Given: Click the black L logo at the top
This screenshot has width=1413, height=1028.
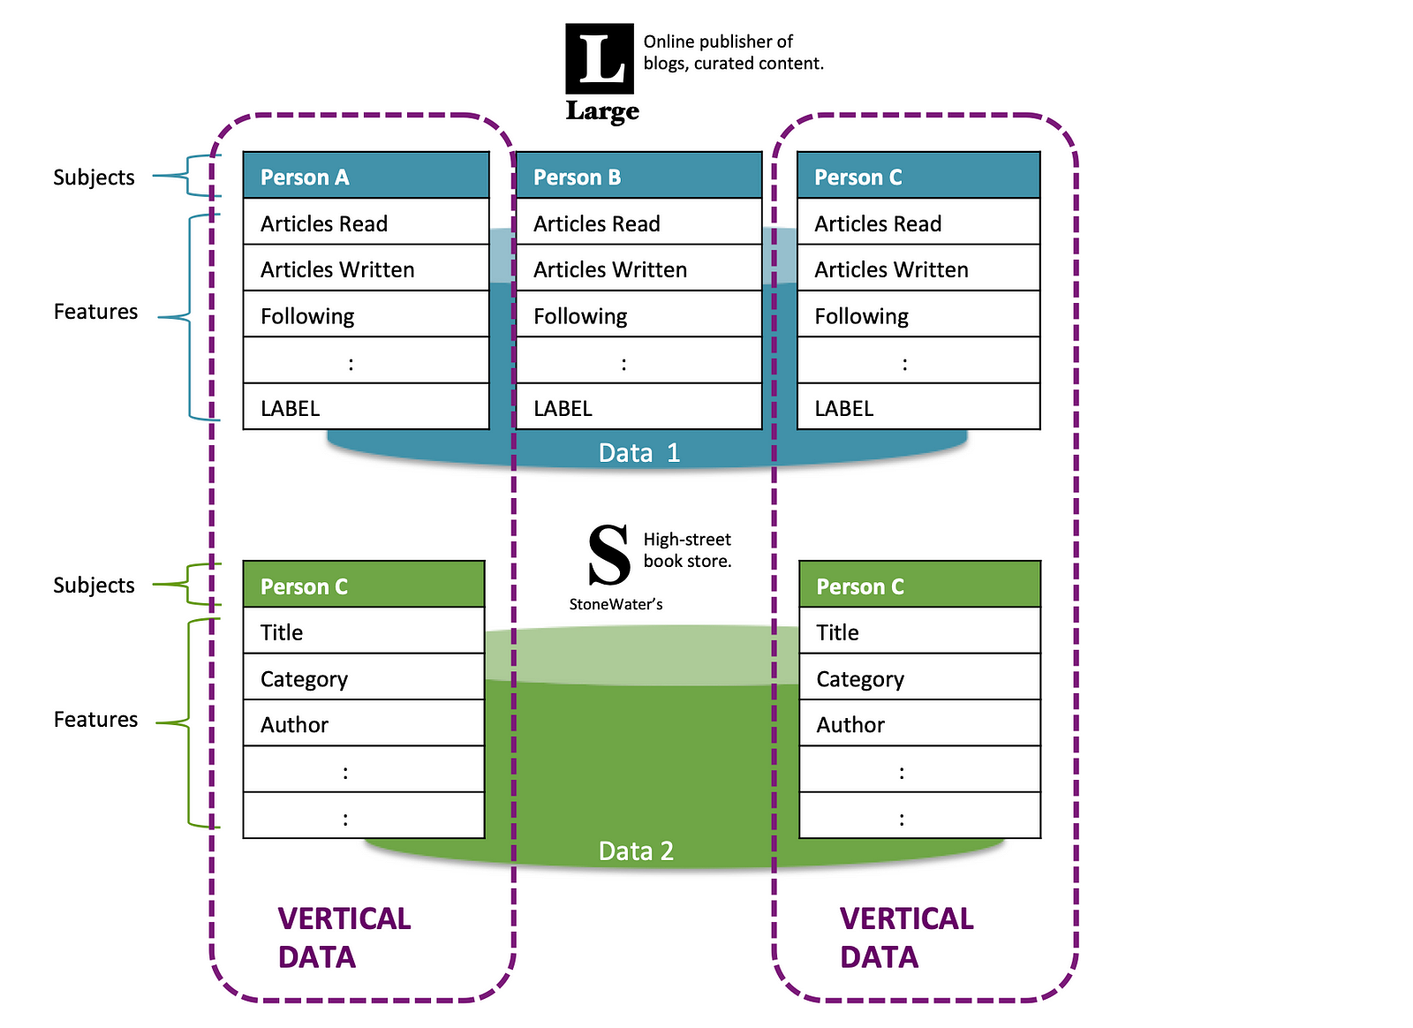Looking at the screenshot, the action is (x=600, y=58).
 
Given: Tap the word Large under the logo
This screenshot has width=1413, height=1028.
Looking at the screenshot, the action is (x=602, y=111).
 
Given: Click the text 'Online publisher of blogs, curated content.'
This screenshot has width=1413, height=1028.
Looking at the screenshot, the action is (x=733, y=52).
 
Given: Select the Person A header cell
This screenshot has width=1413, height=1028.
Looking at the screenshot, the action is (x=366, y=176).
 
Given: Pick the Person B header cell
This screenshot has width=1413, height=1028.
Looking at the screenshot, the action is (x=639, y=176).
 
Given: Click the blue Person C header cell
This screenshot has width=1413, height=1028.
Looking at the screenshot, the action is (x=918, y=176).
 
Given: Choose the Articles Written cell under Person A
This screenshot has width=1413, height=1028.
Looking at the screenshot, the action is (x=366, y=268).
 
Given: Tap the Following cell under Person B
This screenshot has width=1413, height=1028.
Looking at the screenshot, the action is (x=639, y=314).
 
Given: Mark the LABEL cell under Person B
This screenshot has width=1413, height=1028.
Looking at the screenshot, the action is (x=639, y=407).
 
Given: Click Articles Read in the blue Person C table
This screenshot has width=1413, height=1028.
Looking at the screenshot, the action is (x=918, y=222).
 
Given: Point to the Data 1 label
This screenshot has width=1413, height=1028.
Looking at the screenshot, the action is (x=639, y=453).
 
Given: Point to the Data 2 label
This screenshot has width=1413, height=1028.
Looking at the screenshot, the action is (x=636, y=850).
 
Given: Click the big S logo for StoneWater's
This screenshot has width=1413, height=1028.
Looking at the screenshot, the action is (x=608, y=555).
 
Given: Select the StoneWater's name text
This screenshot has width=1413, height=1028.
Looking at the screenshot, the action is (x=616, y=604).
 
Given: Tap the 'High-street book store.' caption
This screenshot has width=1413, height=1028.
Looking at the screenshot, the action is (x=687, y=550).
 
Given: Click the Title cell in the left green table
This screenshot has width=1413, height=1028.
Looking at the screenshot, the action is (x=364, y=630).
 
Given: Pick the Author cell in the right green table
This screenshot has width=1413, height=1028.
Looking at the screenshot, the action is (x=919, y=722).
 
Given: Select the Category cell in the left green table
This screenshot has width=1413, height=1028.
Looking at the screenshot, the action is (x=364, y=677).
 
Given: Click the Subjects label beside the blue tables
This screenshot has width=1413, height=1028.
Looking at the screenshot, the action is (x=94, y=178).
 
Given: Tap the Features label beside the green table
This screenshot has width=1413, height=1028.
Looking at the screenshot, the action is (x=96, y=719).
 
